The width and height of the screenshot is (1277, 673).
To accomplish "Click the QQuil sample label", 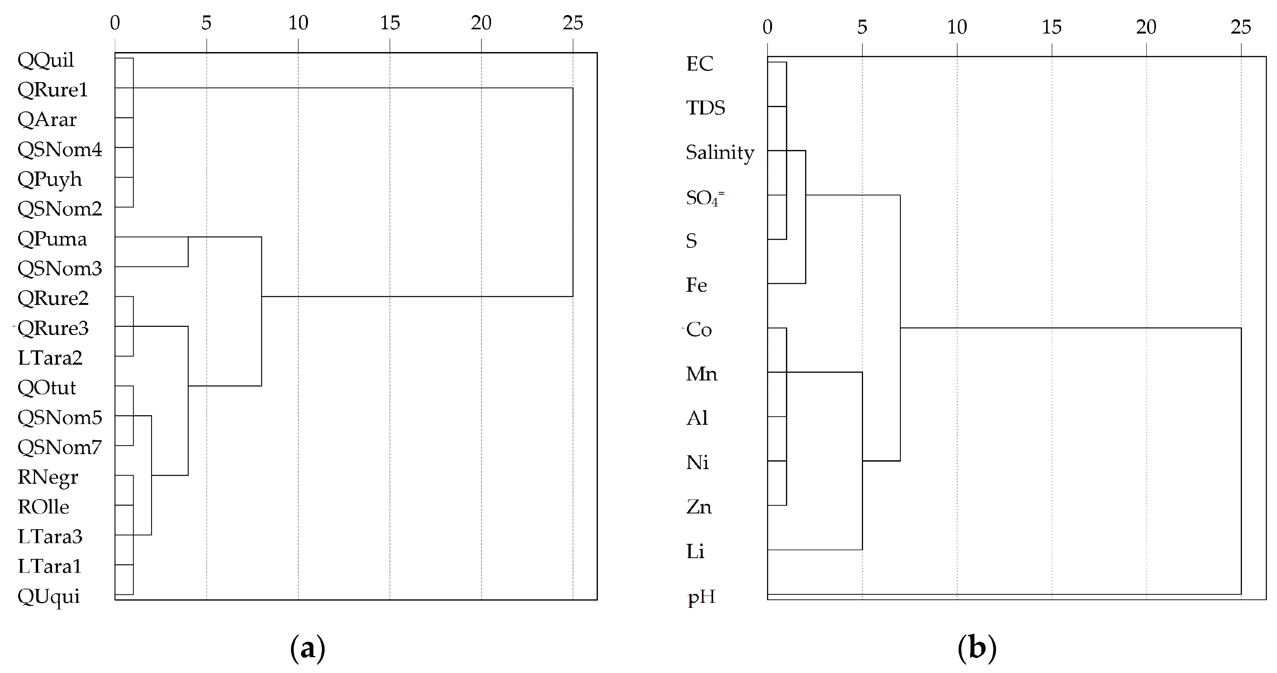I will pyautogui.click(x=45, y=61).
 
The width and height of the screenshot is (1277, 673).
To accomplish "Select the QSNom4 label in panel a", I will pyautogui.click(x=59, y=149).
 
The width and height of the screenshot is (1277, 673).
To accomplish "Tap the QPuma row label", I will pyautogui.click(x=52, y=239).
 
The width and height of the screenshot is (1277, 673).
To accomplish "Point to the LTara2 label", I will pyautogui.click(x=50, y=358).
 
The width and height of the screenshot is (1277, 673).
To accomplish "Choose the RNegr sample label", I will pyautogui.click(x=47, y=477).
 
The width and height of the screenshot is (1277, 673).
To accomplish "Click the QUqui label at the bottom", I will pyautogui.click(x=49, y=596).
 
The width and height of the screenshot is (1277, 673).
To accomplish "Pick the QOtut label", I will pyautogui.click(x=47, y=387).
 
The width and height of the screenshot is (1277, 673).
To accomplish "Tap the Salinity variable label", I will pyautogui.click(x=719, y=153).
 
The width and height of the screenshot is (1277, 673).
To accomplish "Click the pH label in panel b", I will pyautogui.click(x=701, y=597).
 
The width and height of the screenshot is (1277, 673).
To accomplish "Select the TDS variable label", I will pyautogui.click(x=705, y=108).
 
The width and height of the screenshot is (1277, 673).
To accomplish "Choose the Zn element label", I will pyautogui.click(x=698, y=507).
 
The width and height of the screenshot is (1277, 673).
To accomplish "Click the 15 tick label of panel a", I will pyautogui.click(x=390, y=23).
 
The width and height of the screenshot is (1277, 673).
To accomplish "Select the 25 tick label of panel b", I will pyautogui.click(x=1240, y=27).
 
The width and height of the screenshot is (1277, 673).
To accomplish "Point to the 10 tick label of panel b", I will pyautogui.click(x=957, y=27).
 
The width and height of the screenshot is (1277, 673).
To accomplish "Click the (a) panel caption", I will pyautogui.click(x=307, y=648).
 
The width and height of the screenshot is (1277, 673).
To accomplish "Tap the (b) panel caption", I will pyautogui.click(x=977, y=648).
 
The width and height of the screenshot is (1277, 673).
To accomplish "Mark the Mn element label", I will pyautogui.click(x=702, y=374).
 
